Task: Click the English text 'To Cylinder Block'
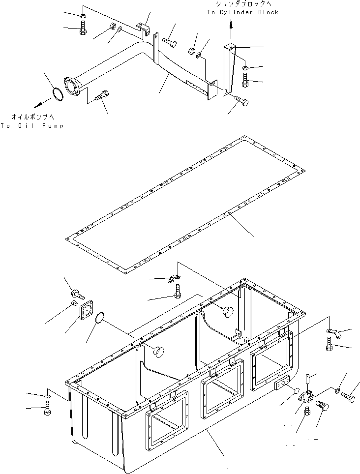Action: (242, 12)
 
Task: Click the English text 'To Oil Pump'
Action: (32, 126)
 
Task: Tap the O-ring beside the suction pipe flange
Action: (58, 94)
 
